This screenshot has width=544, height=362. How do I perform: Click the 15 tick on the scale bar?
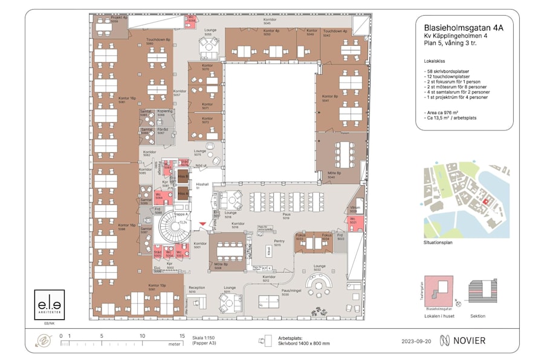click(x=181, y=336)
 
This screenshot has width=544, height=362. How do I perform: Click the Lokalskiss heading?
click(x=436, y=61)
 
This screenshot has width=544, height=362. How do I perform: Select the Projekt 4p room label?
click(x=119, y=19)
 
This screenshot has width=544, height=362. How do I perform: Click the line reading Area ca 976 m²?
click(x=450, y=113)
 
